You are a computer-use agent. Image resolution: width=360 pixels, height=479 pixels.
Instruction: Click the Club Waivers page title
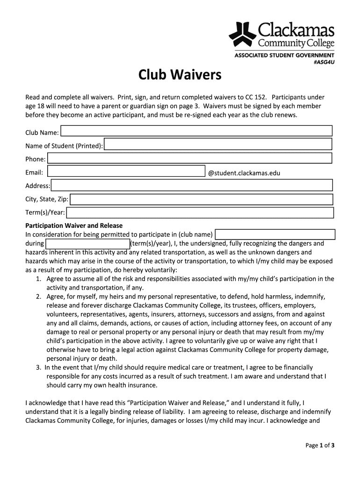coord(180,75)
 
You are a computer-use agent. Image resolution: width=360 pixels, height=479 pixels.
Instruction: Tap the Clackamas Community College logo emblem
coord(242,34)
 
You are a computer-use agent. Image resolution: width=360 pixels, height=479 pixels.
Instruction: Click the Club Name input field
coord(196,131)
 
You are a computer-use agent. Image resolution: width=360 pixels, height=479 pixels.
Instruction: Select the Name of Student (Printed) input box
coord(218,144)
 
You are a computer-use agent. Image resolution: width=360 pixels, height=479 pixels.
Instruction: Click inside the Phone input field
coord(190,158)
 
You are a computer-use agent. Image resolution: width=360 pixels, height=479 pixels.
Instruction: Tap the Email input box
coord(127,172)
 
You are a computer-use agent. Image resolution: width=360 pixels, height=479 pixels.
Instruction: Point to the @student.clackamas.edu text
coord(244,173)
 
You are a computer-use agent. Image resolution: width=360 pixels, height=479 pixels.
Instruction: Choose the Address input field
coord(192,186)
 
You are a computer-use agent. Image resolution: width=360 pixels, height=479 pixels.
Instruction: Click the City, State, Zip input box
coord(202,200)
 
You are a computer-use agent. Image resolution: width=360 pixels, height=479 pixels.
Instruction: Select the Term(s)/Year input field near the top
coord(200,213)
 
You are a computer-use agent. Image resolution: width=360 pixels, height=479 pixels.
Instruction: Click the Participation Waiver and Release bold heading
coord(74,225)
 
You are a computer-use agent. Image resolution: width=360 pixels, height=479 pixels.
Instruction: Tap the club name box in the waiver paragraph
coord(275,234)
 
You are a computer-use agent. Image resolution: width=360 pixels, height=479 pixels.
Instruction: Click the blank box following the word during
coord(87,244)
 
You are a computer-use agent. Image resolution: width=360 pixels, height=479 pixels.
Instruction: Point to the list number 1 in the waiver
coord(38,279)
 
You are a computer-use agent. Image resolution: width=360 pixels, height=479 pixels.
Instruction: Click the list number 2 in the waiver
coord(38,297)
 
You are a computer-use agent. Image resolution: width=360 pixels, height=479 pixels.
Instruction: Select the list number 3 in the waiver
coord(38,368)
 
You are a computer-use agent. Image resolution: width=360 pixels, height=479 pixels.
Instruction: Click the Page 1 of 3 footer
coord(320,445)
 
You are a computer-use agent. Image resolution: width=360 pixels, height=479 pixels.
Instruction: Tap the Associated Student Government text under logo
coord(284,55)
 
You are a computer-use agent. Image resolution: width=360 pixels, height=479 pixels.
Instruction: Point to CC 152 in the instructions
coord(255,97)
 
